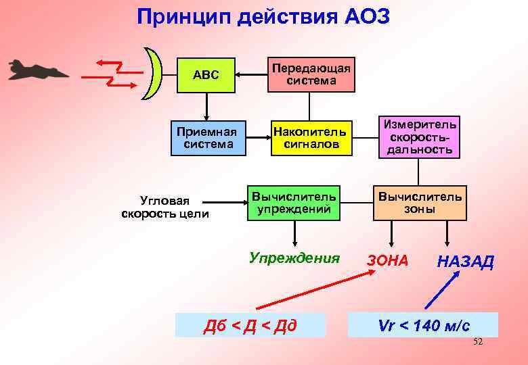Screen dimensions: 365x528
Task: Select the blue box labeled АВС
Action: (206, 74)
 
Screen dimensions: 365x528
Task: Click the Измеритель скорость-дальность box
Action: (419, 136)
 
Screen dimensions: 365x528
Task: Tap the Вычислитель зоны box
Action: (420, 202)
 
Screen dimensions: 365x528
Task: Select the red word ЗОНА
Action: (387, 260)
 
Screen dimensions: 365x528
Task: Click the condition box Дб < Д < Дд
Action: (250, 326)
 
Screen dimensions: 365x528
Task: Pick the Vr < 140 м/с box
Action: (423, 325)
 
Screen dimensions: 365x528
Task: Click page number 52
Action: (477, 342)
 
